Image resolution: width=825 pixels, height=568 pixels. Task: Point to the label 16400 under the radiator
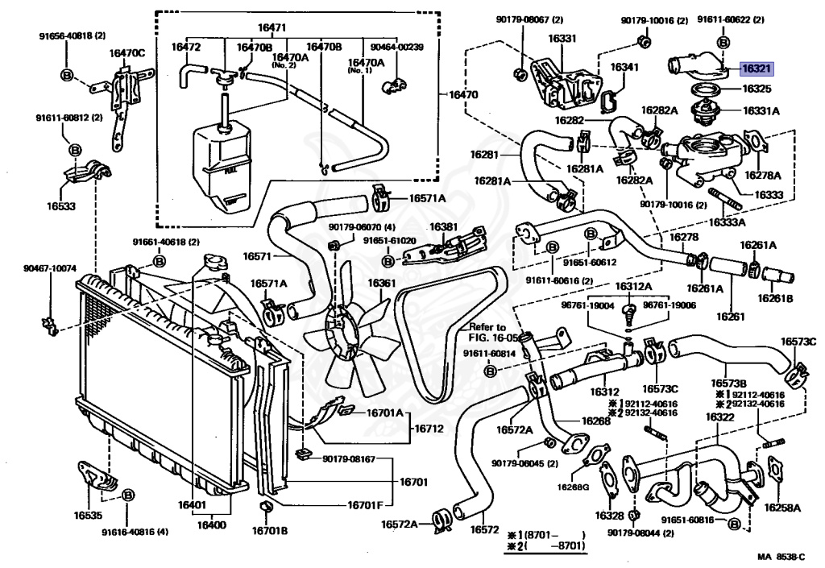tap(213, 524)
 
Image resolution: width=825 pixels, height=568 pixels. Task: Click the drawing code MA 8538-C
tap(781, 557)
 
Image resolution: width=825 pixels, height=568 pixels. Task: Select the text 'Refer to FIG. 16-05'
tap(488, 332)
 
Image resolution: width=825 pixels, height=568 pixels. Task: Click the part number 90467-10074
tap(48, 267)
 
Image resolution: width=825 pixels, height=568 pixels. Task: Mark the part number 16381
tap(443, 227)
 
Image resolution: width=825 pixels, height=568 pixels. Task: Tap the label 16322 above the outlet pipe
tap(719, 417)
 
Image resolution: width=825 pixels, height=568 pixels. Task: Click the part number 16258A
tap(781, 508)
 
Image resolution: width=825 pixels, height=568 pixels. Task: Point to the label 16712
tap(430, 429)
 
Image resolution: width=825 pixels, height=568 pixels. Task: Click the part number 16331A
tap(761, 113)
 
